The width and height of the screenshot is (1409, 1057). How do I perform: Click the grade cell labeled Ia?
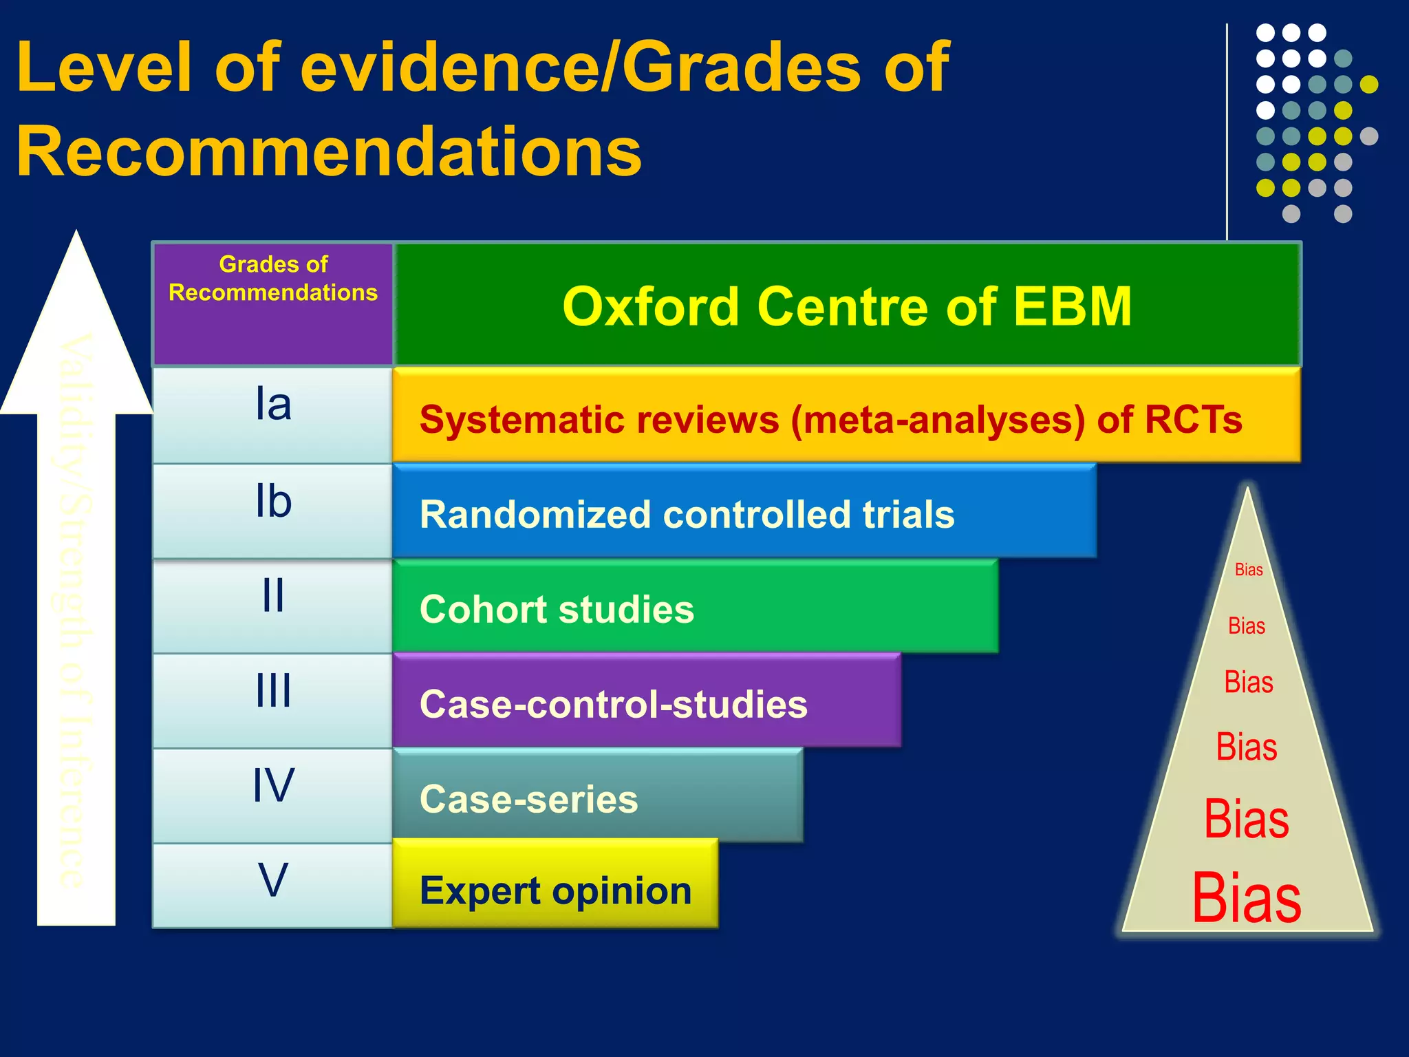click(273, 415)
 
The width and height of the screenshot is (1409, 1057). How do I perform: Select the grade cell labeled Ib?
click(273, 511)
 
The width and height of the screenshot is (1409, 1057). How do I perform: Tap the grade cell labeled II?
click(273, 606)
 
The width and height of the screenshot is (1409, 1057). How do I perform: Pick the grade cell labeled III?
click(273, 701)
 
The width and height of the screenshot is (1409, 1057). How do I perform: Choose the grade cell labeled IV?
click(273, 795)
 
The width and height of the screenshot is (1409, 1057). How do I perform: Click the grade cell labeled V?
click(273, 886)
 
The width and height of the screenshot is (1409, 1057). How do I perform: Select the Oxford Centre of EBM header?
click(847, 306)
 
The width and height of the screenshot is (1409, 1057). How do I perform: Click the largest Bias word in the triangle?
click(1247, 898)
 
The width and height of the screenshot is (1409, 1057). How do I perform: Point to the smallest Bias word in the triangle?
click(1249, 570)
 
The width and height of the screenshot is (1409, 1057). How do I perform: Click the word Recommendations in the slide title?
click(329, 151)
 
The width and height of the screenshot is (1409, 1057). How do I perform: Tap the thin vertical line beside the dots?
click(1227, 131)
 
